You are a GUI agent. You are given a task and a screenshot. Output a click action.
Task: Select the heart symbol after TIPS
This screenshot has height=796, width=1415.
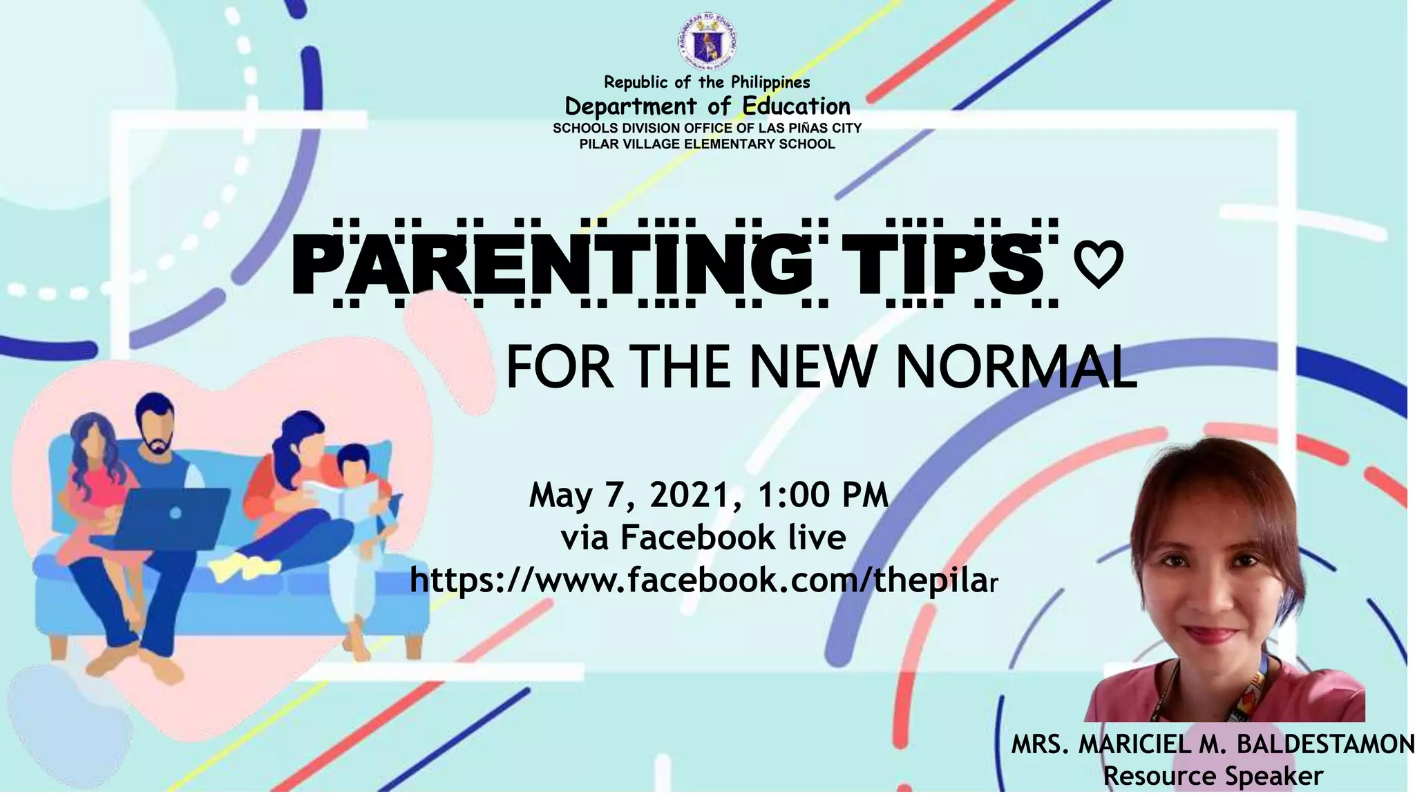point(1099,266)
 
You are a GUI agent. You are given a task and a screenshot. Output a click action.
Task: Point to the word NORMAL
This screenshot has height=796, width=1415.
point(1016,368)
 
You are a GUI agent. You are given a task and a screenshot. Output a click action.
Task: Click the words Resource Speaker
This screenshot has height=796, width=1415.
point(1213,775)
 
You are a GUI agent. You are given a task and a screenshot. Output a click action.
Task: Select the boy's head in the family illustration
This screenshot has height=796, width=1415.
point(354,466)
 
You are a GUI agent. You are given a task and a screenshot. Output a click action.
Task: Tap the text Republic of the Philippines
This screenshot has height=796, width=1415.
point(707,82)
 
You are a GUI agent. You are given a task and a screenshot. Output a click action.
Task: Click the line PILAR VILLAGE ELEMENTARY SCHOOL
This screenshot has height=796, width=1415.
point(707,144)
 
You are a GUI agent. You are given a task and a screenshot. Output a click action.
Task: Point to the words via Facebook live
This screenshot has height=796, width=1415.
point(703,538)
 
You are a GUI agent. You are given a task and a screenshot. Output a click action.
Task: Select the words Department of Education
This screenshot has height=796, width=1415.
point(707,106)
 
